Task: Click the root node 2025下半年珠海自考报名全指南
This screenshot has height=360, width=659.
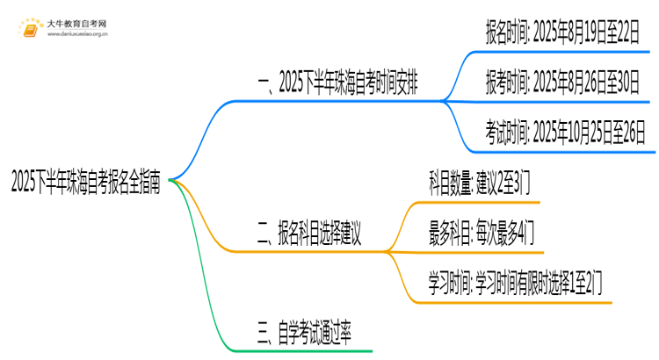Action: [85, 183]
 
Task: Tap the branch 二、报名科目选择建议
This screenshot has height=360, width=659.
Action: [310, 234]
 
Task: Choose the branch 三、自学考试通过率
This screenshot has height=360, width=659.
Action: [304, 334]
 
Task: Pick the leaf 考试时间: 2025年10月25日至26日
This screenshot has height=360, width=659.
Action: [566, 133]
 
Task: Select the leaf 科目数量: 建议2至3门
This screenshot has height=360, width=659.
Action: [479, 183]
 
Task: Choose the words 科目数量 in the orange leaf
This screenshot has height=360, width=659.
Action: [447, 183]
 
